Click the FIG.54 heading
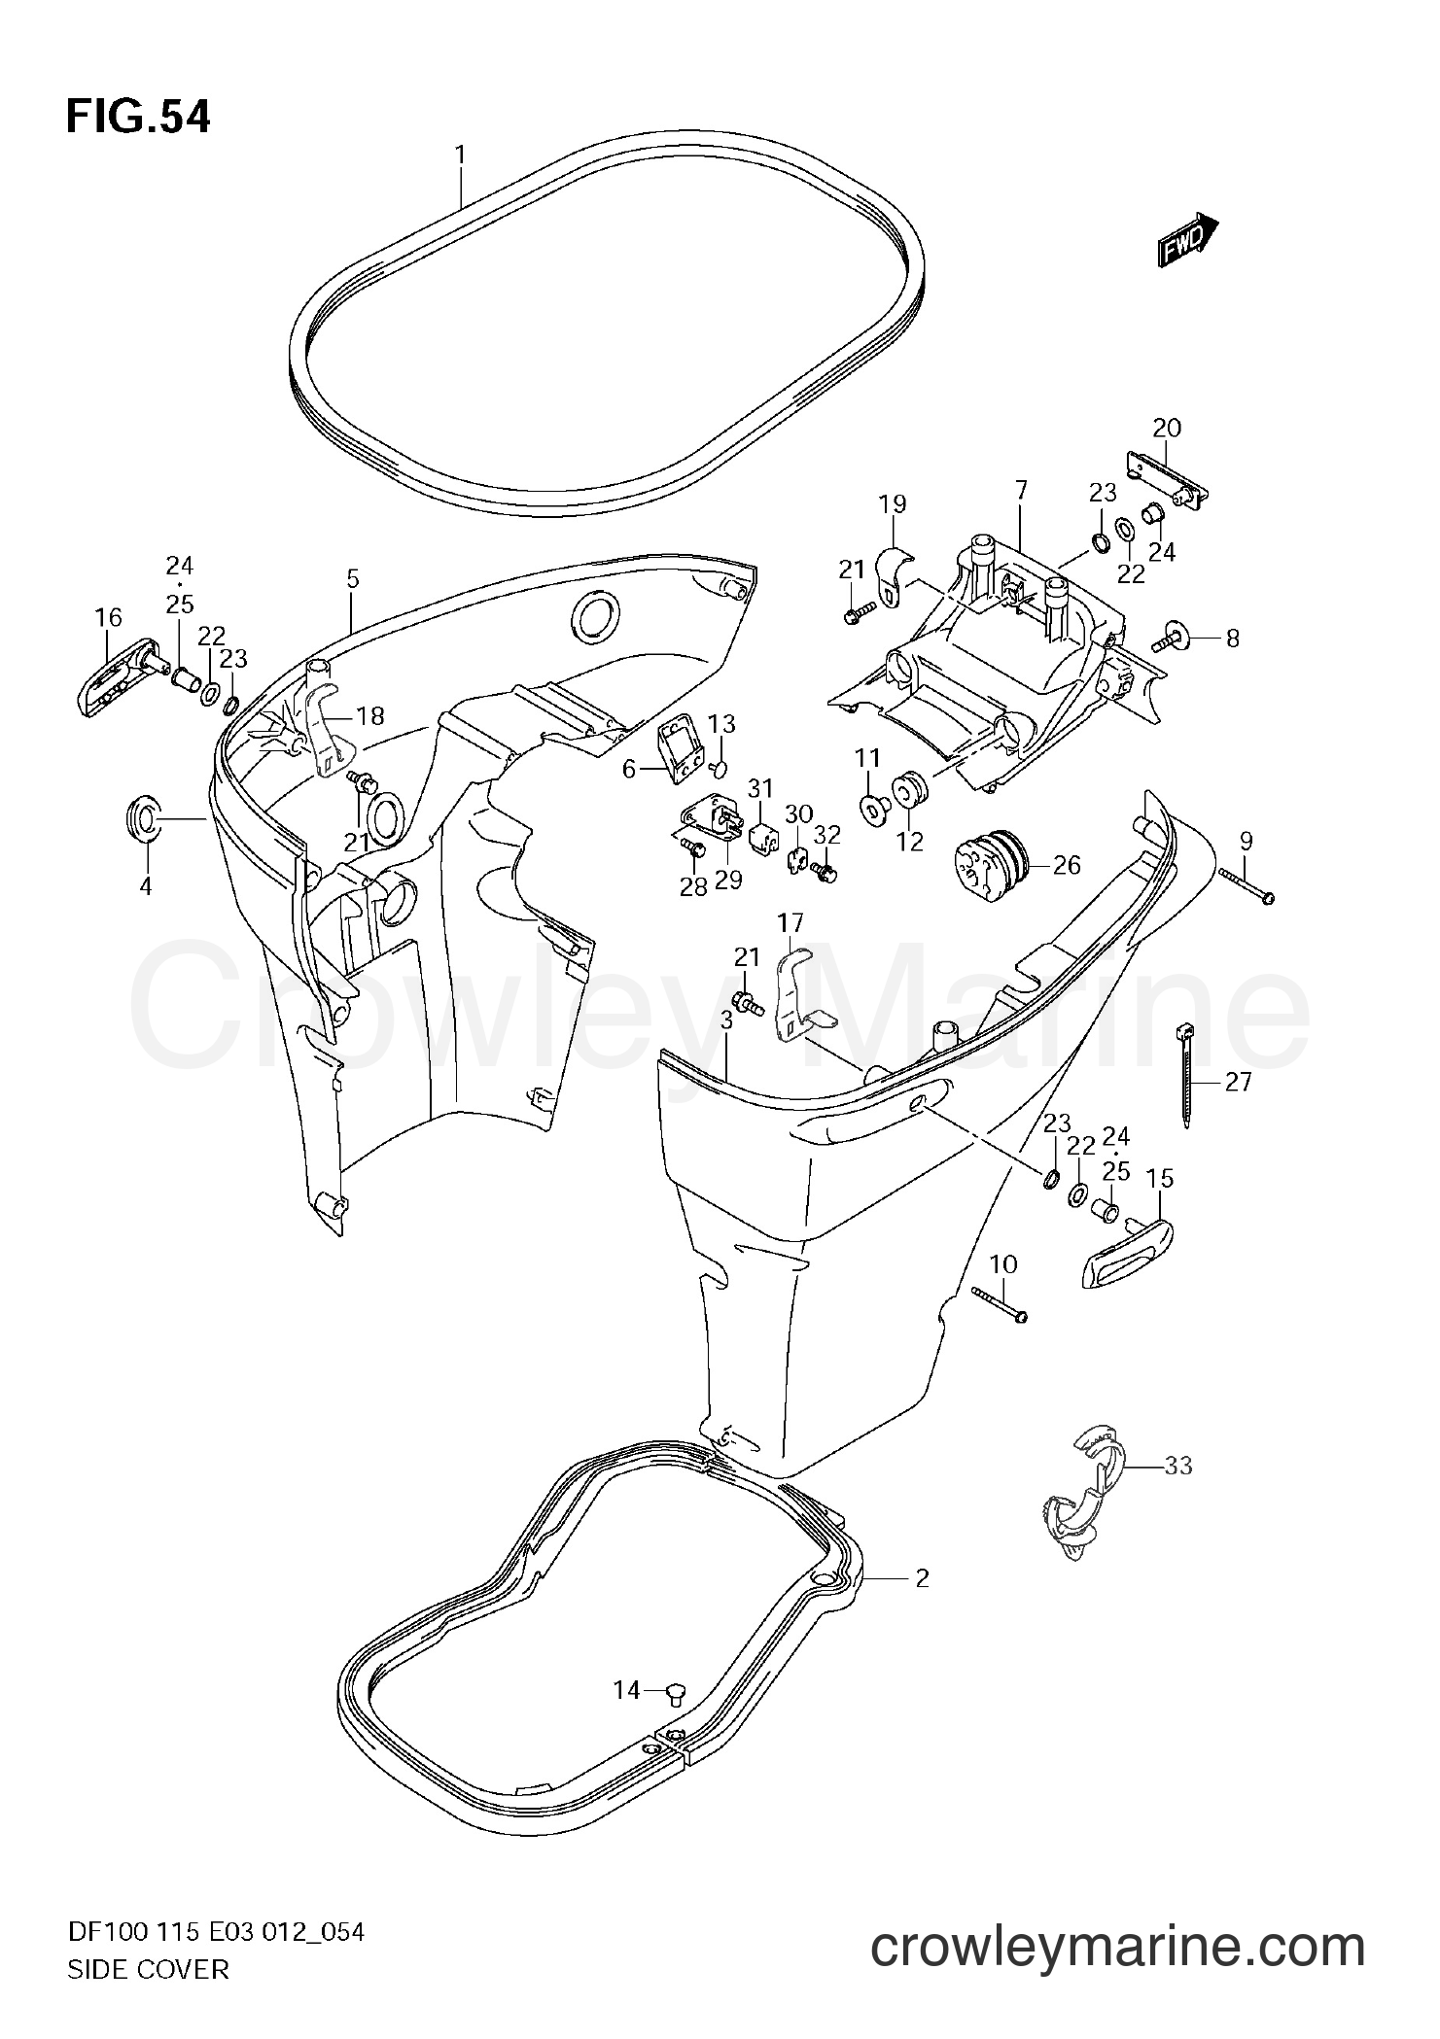point(137,117)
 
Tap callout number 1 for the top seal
point(460,156)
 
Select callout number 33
point(1177,1465)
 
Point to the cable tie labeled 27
point(1185,1076)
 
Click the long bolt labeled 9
point(1246,886)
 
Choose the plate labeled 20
point(1167,480)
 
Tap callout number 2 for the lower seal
point(922,1578)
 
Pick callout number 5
point(352,579)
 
